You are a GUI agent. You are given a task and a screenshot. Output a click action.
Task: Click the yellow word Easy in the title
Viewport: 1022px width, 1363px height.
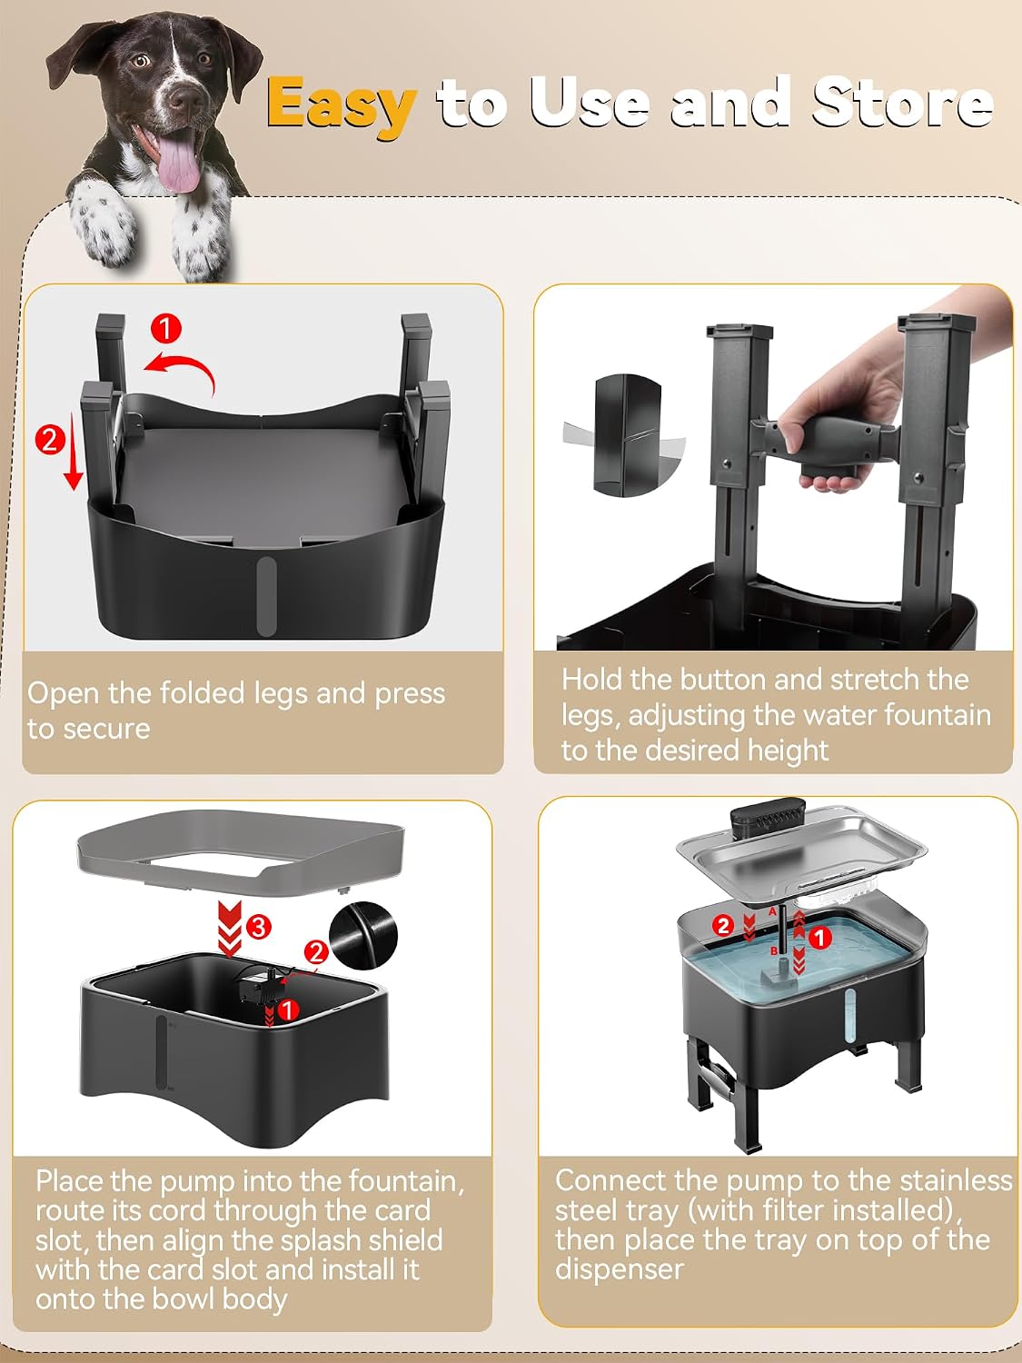coord(341,104)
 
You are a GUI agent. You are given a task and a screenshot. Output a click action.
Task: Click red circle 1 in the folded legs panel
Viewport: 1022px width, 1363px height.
coord(166,329)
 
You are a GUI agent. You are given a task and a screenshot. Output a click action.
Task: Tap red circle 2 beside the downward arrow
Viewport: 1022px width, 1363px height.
coord(50,440)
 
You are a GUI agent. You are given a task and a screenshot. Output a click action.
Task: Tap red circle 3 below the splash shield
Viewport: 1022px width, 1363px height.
coord(258,927)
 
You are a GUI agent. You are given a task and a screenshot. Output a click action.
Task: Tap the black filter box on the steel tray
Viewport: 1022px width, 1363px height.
coord(768,821)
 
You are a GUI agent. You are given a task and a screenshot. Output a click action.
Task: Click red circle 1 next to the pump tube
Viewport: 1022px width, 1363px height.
coord(820,939)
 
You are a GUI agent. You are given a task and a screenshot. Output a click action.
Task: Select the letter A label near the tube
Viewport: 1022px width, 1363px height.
coord(772,911)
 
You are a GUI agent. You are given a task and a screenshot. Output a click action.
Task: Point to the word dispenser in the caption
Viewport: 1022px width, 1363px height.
coord(620,1268)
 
